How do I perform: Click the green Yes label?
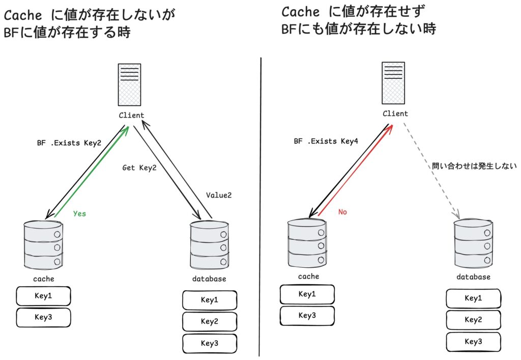click(x=79, y=214)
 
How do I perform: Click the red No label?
click(x=343, y=212)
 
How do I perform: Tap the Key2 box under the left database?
click(x=210, y=321)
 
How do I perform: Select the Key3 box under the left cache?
click(x=43, y=317)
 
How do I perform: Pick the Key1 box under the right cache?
click(x=307, y=294)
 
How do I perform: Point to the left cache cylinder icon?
click(x=43, y=244)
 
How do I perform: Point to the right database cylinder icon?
click(x=473, y=242)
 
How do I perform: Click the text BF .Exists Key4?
click(x=326, y=141)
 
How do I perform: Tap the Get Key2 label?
click(x=139, y=168)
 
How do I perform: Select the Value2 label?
click(x=219, y=195)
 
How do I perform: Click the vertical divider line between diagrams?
click(x=260, y=204)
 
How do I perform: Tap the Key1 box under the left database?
click(x=210, y=299)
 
